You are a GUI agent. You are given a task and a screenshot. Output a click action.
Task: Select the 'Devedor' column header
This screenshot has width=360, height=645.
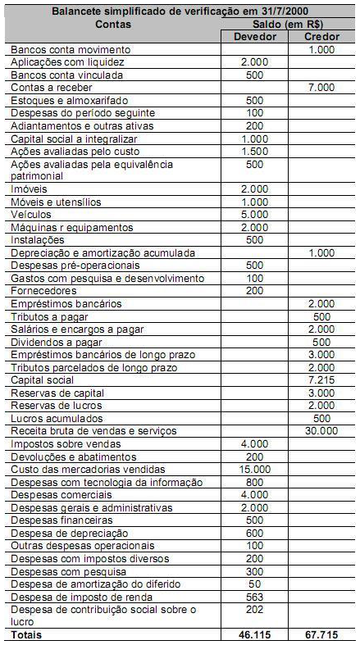click(x=254, y=38)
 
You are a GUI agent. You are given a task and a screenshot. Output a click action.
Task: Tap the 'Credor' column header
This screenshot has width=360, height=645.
click(x=321, y=38)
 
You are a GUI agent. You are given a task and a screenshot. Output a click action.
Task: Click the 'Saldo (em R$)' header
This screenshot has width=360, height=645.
click(x=288, y=25)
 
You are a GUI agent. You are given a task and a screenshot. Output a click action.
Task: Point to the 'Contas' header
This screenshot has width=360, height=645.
click(x=112, y=25)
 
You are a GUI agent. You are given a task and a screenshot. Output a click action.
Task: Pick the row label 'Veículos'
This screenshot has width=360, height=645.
click(x=33, y=215)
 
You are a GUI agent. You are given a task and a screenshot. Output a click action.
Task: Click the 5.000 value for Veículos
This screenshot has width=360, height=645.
click(x=255, y=215)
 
